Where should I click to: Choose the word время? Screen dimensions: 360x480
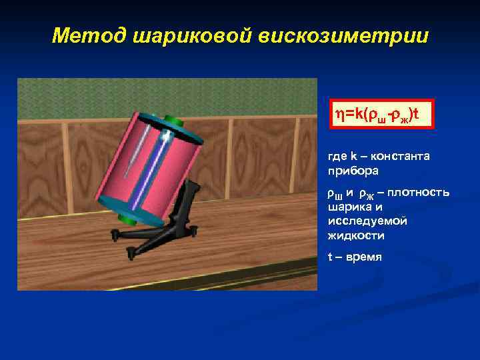364,257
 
